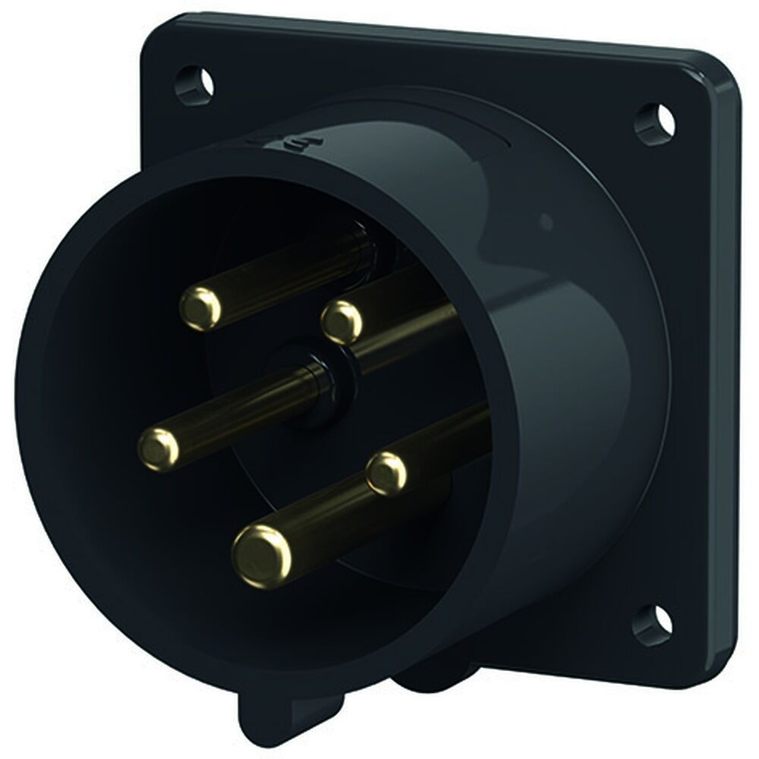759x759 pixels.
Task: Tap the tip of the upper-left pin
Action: point(200,307)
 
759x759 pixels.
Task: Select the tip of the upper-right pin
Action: point(341,321)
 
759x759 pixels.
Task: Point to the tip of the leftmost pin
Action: point(159,447)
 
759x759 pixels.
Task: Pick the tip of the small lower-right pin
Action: point(386,472)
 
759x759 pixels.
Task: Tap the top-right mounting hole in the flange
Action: point(653,121)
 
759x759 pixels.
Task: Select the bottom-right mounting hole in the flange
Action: point(652,625)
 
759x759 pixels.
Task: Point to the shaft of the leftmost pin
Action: point(243,410)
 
